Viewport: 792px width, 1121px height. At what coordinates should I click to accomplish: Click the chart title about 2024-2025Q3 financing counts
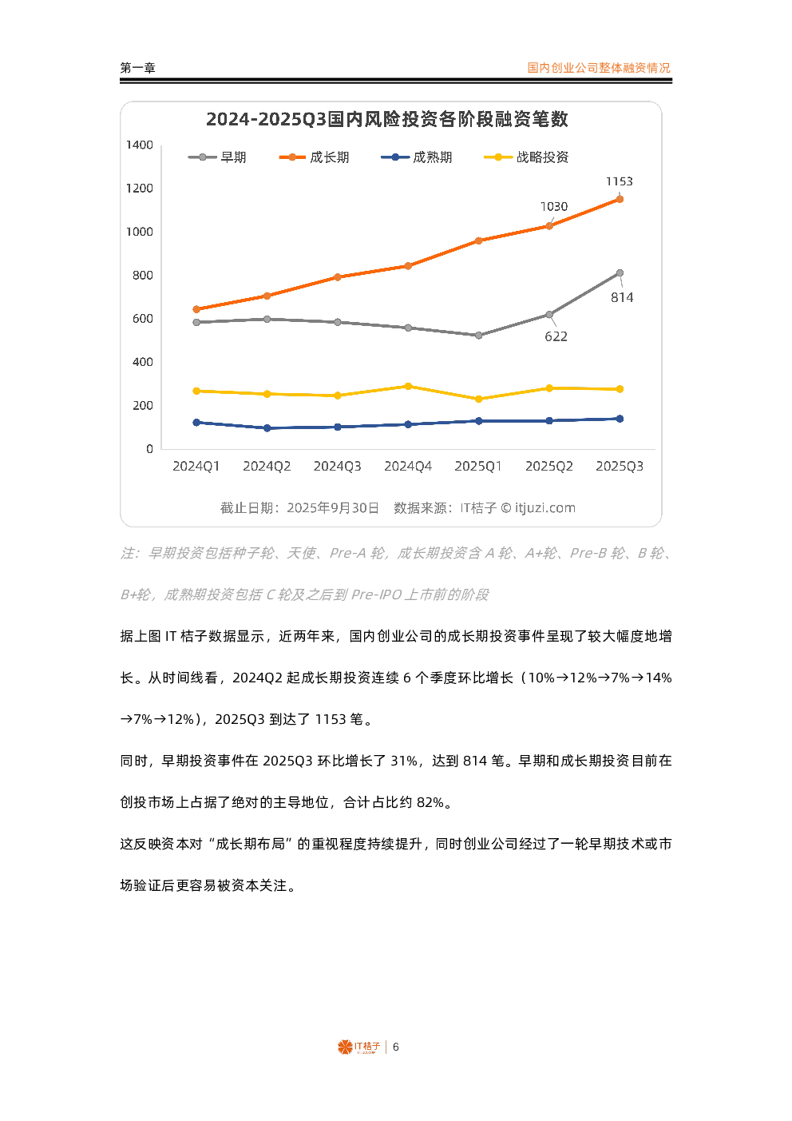point(387,119)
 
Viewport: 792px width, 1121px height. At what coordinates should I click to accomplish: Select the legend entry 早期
point(232,157)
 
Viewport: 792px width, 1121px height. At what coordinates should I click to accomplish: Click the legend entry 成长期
point(329,157)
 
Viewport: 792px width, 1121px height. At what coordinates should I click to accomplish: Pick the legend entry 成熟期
point(432,157)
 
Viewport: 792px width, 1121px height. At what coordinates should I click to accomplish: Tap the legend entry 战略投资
point(541,157)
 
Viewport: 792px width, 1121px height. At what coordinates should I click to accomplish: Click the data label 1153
point(619,181)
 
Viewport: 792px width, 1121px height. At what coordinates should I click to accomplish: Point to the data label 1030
point(554,206)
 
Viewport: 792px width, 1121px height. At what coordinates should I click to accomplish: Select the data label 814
point(622,297)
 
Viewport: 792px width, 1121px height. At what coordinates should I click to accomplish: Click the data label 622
point(556,336)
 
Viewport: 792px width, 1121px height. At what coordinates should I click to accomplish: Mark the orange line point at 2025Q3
point(620,199)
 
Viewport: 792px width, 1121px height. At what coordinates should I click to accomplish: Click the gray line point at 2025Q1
point(479,336)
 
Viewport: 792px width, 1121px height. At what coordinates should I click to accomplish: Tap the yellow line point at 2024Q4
point(408,386)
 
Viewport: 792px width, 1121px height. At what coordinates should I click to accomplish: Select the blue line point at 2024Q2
point(267,428)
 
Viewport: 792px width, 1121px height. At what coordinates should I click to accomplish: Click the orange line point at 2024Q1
point(196,309)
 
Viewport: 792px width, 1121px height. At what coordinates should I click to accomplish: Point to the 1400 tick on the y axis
point(139,145)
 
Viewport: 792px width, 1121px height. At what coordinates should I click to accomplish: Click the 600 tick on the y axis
point(142,318)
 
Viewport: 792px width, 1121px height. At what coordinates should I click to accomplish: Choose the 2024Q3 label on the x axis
point(337,466)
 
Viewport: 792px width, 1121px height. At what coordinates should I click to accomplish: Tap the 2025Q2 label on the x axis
point(548,466)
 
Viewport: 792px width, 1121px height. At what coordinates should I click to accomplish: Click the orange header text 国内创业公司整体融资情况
point(598,68)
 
